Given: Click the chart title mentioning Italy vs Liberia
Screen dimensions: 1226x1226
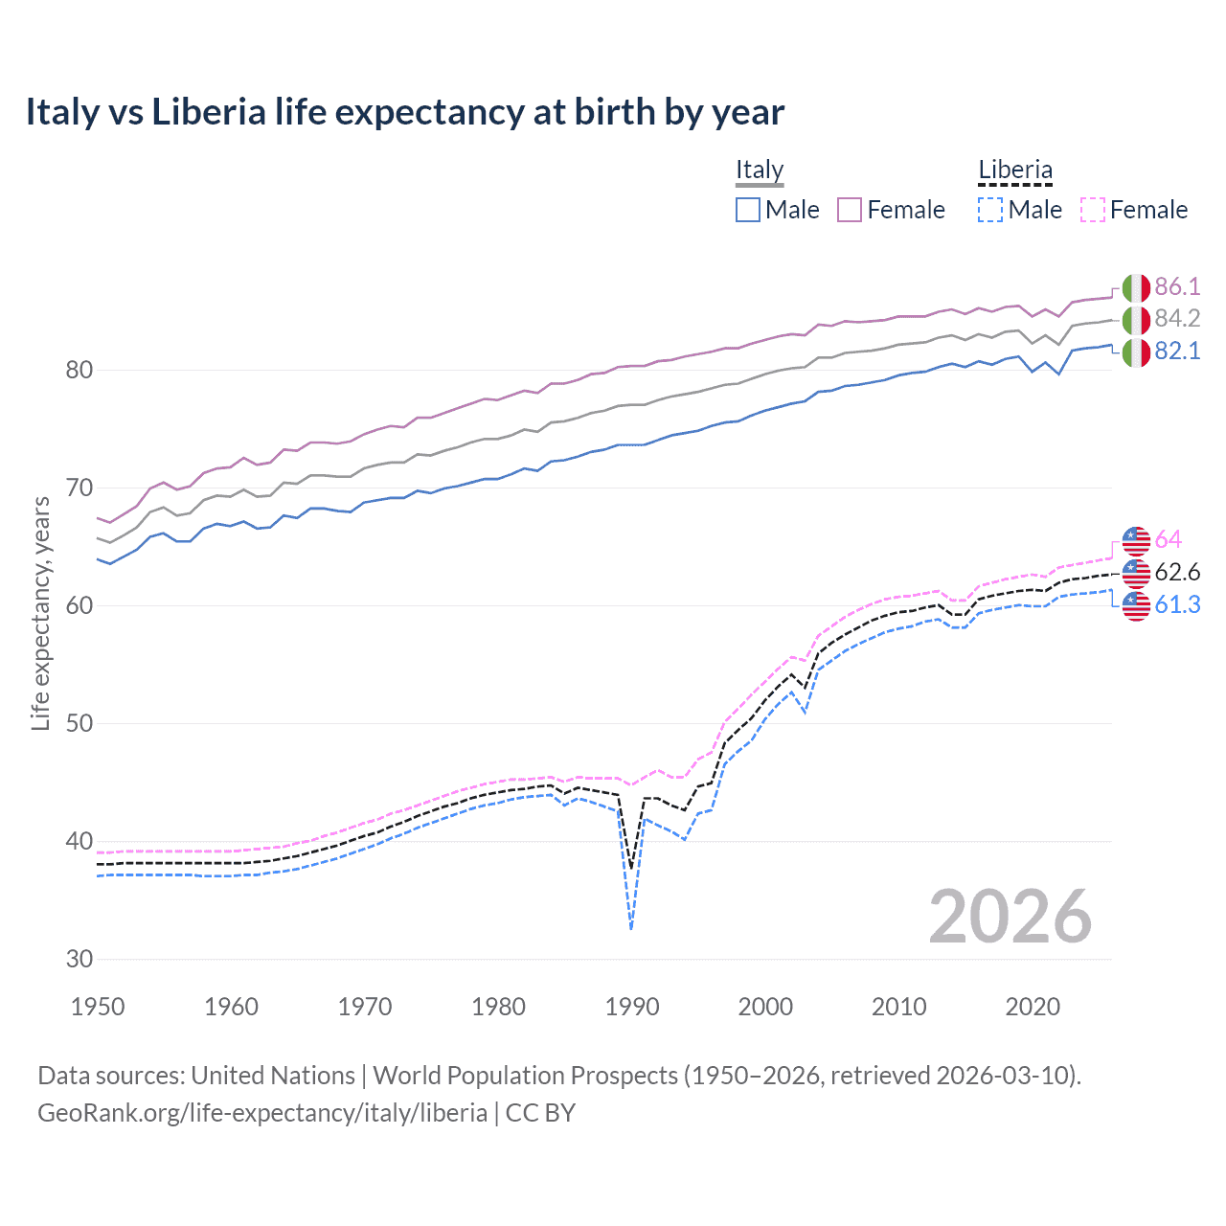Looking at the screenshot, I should coord(404,112).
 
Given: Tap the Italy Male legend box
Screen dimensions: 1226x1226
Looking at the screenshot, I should coord(748,210).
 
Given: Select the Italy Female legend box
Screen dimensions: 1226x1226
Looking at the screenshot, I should coord(850,210).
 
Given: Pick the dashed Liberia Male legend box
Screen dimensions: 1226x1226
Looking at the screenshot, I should coord(990,210).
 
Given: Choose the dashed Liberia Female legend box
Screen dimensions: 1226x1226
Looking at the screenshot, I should coord(1092,210).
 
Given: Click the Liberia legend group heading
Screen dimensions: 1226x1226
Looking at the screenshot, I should coord(1014,170).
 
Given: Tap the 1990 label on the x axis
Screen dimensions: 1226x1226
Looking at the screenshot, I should coord(632,1007).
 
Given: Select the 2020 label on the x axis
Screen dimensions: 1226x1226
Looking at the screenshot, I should coord(1033,1007).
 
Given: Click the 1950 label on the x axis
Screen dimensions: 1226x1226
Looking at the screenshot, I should coord(98,1007).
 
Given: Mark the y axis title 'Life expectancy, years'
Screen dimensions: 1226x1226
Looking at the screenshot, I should coord(40,613).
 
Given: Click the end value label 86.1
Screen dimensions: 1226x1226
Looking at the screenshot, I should coord(1177,286).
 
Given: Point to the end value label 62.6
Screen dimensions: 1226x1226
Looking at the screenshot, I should coord(1177,572).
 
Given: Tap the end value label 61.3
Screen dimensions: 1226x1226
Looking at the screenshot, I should coord(1177,604).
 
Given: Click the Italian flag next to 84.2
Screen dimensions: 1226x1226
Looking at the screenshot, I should coord(1136,320).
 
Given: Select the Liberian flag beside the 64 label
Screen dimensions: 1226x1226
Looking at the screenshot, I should coord(1136,540).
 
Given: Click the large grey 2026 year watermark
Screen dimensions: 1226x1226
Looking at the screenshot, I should coord(1010,917).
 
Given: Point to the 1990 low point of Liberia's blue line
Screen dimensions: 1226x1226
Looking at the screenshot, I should coord(631,928).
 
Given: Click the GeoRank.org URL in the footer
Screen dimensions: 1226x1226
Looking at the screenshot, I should coord(262,1113).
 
